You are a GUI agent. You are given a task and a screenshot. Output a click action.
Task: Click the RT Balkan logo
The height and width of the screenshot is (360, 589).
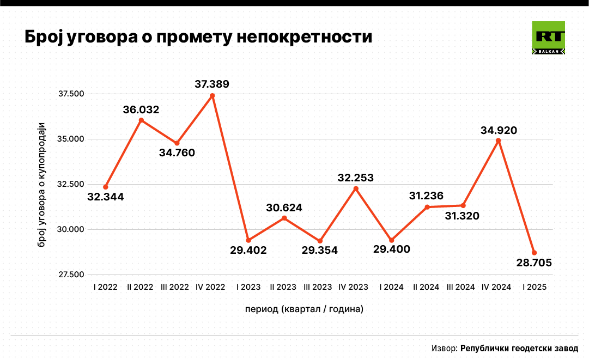548,38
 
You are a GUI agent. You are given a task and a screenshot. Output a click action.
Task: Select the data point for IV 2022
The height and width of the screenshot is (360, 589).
212,96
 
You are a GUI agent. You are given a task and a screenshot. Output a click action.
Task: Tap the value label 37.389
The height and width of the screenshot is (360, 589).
212,84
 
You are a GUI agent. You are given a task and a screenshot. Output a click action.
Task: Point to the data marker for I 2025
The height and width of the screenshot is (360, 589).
535,253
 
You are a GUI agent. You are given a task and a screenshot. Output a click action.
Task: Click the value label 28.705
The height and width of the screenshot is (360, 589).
535,263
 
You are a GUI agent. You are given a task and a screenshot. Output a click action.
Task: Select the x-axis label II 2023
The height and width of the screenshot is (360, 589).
283,286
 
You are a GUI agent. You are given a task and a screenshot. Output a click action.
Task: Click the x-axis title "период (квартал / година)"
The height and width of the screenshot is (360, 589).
304,309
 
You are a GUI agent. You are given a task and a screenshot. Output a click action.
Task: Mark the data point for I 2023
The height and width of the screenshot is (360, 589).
248,240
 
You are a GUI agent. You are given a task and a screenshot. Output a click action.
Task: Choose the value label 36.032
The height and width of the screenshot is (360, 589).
141,110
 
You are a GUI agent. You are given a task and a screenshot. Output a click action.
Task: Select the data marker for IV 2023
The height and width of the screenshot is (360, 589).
356,188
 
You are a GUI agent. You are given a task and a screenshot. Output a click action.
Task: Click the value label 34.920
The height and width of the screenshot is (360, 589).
499,130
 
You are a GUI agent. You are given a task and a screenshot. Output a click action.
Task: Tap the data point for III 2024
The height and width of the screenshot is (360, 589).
463,205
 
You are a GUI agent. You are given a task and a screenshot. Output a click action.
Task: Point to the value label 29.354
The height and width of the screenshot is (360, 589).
320,251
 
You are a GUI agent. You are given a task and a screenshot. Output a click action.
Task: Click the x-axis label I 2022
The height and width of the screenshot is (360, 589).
105,286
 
